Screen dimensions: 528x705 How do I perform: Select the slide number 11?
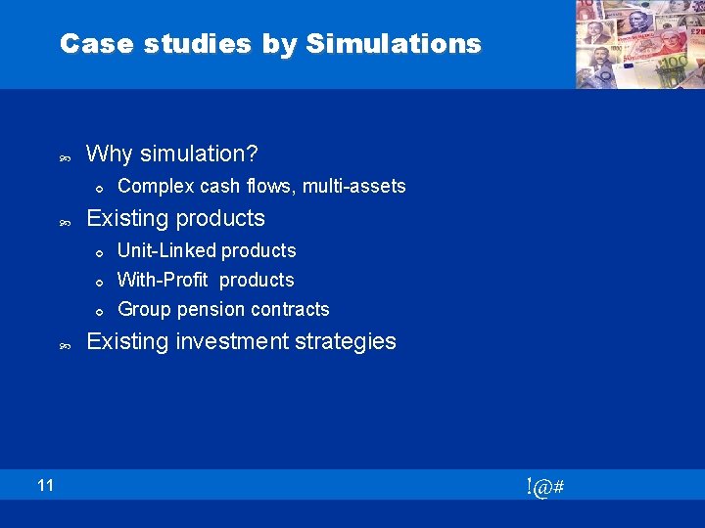(x=46, y=485)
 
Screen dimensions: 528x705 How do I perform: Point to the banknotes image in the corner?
(x=637, y=44)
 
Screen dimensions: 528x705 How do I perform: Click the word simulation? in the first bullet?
(x=200, y=154)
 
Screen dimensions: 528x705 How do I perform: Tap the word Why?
(x=111, y=154)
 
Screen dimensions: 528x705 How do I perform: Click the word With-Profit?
(x=163, y=280)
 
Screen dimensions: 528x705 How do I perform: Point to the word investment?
(x=220, y=341)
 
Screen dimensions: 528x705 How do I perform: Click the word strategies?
(x=349, y=341)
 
